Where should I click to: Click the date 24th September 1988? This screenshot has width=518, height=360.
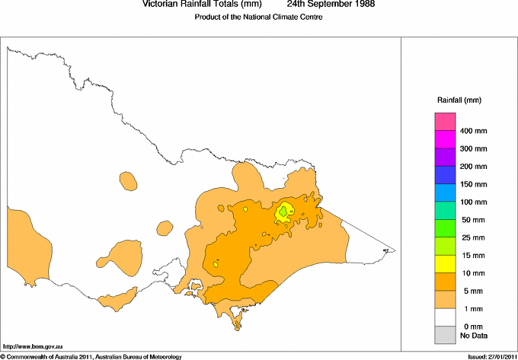[x=325, y=4]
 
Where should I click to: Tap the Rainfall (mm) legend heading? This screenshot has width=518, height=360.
[x=459, y=100]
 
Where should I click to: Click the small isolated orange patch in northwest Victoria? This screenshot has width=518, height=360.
[x=128, y=181]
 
